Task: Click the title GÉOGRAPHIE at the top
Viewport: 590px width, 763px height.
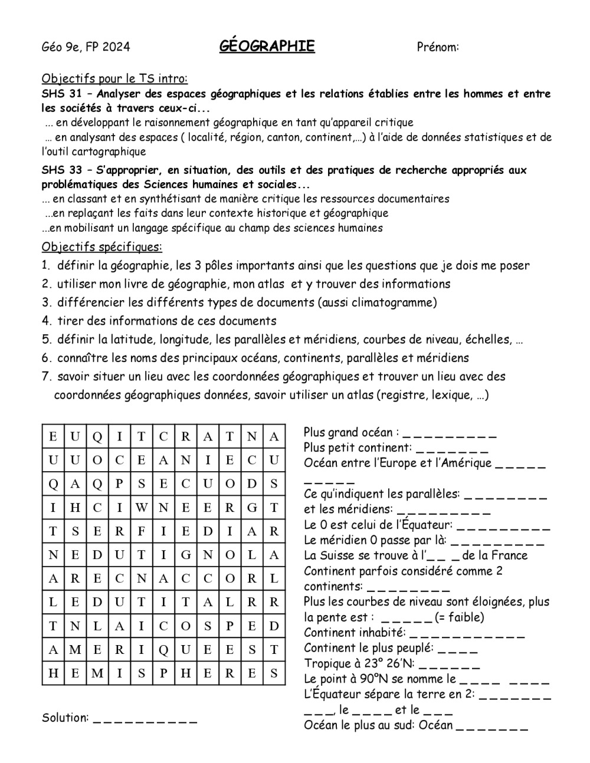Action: tap(267, 47)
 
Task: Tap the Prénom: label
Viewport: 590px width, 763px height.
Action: tap(438, 47)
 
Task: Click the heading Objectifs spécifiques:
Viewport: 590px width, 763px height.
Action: tap(101, 246)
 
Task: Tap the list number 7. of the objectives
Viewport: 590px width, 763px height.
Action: tap(47, 376)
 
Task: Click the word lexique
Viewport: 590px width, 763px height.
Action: tap(451, 395)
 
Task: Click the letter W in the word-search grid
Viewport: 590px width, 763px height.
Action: tap(142, 507)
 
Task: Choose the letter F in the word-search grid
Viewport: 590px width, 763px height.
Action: tap(142, 531)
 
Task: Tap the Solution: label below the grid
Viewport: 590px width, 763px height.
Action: tap(65, 718)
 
